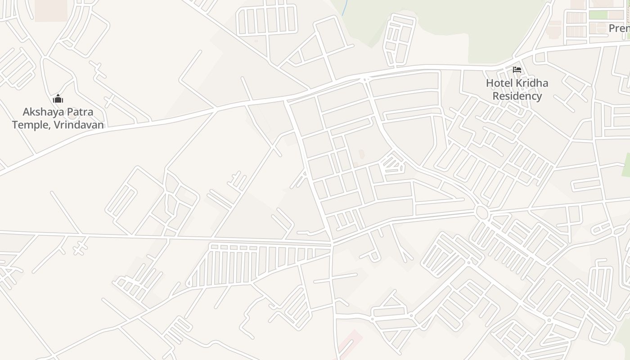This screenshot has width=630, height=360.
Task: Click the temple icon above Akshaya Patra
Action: point(58,99)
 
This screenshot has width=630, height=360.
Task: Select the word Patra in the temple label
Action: point(80,112)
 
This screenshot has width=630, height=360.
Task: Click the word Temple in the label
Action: point(31,125)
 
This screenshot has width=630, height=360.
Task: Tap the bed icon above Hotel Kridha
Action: point(517,70)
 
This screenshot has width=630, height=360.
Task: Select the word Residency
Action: point(517,96)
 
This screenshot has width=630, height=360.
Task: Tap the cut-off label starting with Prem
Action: point(619,28)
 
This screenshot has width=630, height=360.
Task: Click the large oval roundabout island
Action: point(482,212)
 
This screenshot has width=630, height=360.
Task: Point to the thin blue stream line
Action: point(344,8)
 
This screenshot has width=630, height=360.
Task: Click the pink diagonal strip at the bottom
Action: point(351,344)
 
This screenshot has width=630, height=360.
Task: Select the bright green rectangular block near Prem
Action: point(598,15)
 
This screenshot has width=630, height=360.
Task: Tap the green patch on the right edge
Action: point(626,165)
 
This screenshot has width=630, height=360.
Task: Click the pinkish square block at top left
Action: point(51,10)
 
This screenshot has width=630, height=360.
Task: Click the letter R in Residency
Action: point(495,96)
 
